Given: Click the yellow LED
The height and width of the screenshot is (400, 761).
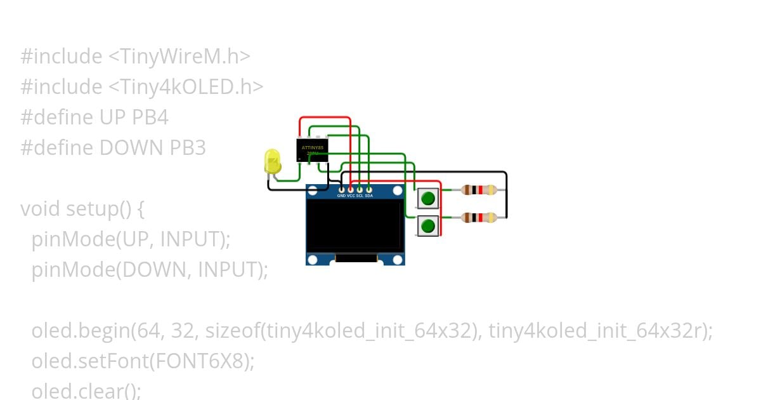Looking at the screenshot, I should pyautogui.click(x=272, y=161).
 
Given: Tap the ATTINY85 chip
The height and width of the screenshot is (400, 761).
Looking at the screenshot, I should pyautogui.click(x=312, y=150).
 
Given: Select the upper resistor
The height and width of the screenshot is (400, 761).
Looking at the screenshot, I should pyautogui.click(x=479, y=189).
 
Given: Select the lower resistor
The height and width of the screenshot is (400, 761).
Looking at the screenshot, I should pyautogui.click(x=479, y=218).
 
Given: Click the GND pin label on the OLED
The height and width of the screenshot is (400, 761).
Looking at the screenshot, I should pyautogui.click(x=341, y=196).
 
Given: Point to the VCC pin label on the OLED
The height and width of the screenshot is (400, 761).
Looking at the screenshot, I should pyautogui.click(x=351, y=196).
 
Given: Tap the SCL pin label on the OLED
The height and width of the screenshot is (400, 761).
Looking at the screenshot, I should pyautogui.click(x=360, y=196).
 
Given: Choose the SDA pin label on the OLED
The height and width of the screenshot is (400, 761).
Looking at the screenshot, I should pyautogui.click(x=369, y=196).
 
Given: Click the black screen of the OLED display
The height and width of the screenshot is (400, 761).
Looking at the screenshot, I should pyautogui.click(x=354, y=225).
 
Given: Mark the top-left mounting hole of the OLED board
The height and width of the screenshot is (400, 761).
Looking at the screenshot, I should pyautogui.click(x=312, y=190).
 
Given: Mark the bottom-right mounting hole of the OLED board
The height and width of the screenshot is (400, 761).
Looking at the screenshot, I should pyautogui.click(x=398, y=259).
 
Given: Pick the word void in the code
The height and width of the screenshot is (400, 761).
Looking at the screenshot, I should pyautogui.click(x=41, y=209).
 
